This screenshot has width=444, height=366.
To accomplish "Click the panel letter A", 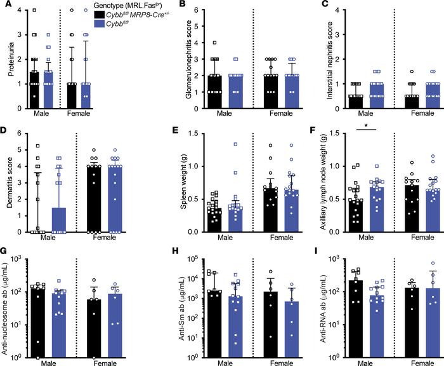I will pos(5,6).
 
